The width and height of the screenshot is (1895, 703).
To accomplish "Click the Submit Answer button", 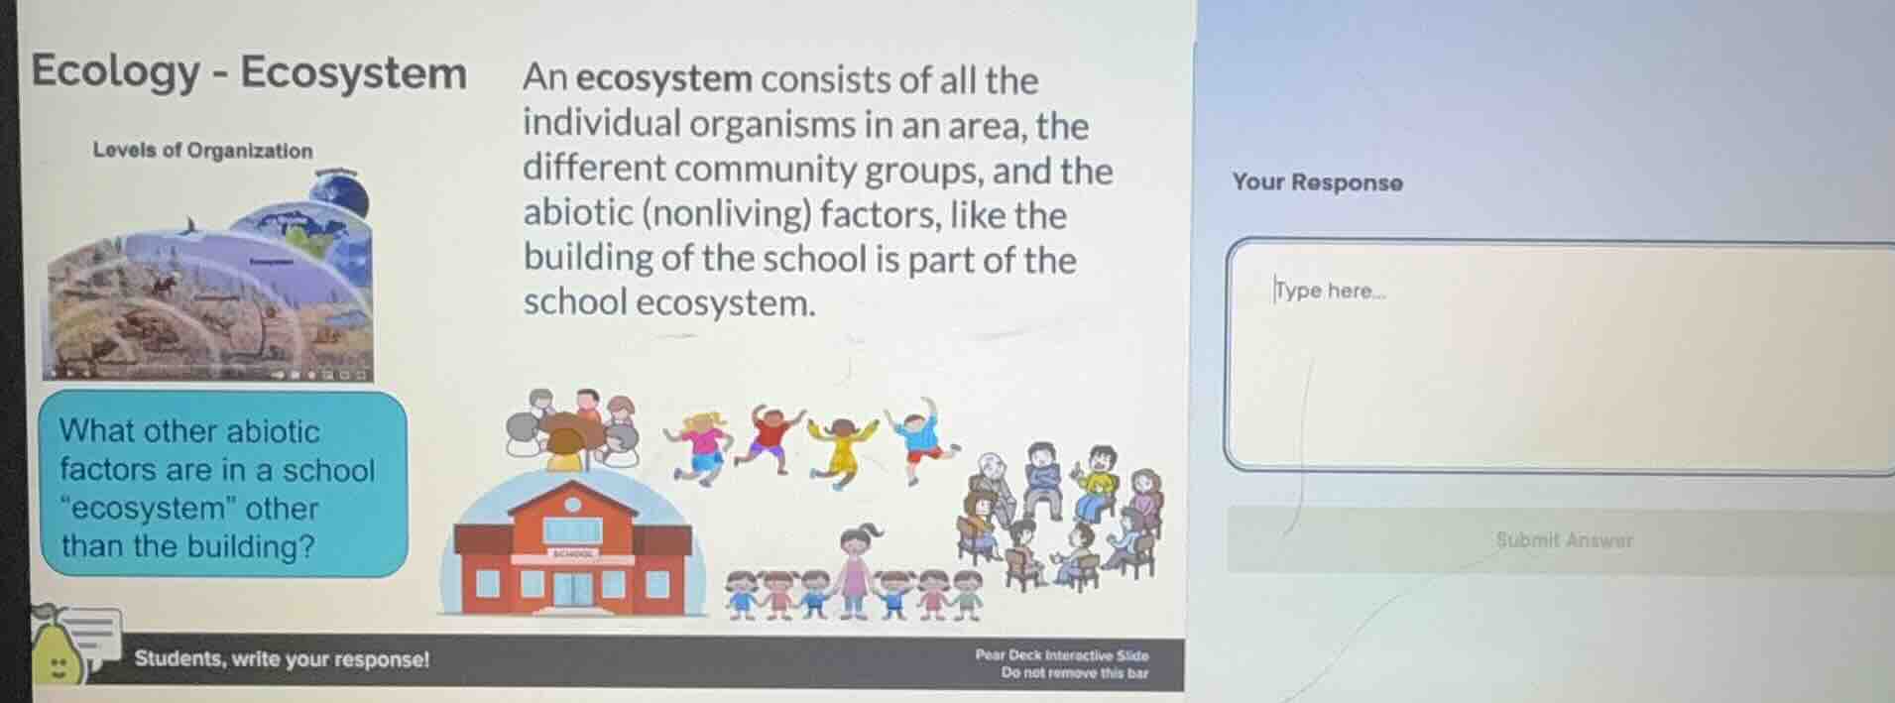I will click(1563, 540).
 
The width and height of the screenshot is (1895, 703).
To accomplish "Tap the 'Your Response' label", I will click(1317, 182).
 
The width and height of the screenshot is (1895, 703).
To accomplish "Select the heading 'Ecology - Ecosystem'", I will click(249, 72).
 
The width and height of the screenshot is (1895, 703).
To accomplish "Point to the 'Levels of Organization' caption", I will click(202, 151).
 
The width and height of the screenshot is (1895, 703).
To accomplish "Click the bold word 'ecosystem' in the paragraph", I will click(663, 79).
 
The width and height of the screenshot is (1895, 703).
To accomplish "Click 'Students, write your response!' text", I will click(282, 659).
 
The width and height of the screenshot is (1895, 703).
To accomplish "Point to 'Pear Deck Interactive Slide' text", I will click(1061, 654).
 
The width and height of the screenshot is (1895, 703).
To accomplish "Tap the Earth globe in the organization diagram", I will click(340, 195).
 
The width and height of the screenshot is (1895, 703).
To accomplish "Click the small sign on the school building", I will click(572, 554).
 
